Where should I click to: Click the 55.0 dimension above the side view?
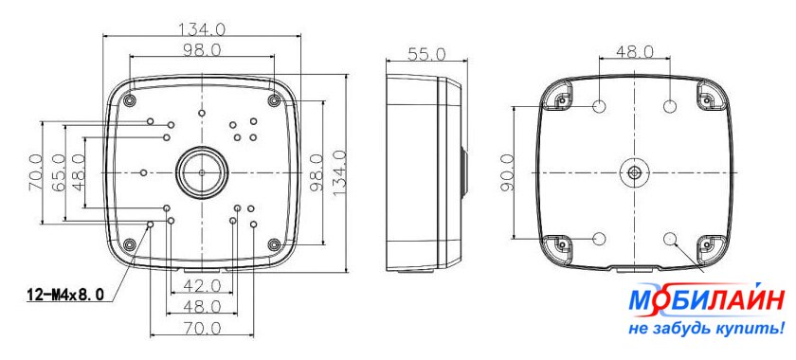click(426, 54)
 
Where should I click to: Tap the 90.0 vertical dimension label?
click(507, 173)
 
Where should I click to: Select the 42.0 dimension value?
click(202, 286)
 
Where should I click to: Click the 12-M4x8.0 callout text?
click(65, 294)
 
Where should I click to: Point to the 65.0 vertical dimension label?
click(60, 172)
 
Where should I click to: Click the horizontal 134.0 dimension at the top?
click(202, 29)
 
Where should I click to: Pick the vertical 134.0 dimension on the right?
click(339, 172)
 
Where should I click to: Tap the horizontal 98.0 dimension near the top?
click(202, 50)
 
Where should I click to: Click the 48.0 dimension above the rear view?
click(635, 51)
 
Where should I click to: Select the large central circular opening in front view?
click(202, 172)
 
